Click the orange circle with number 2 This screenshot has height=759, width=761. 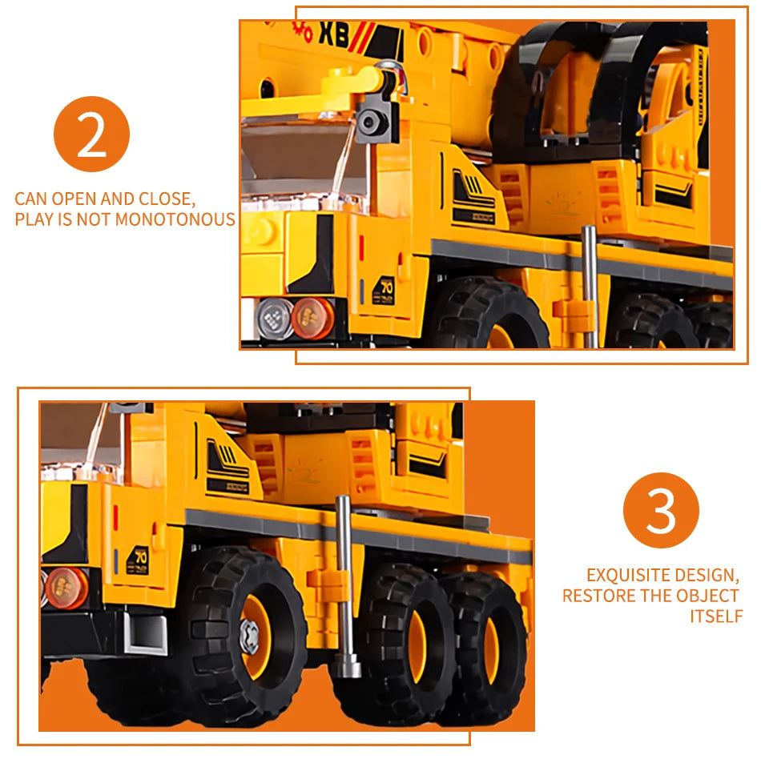coord(91,134)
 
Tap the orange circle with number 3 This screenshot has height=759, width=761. coord(661,511)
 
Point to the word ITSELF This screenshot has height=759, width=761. coord(716,616)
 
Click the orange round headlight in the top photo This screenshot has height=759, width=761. coord(312,318)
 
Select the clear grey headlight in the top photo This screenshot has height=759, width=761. coord(273,318)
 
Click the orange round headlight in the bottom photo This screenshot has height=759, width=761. coord(66,587)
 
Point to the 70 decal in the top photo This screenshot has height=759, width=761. coord(387,287)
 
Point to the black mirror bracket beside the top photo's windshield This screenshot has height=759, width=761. coord(376,120)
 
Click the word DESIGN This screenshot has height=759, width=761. coord(705,575)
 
